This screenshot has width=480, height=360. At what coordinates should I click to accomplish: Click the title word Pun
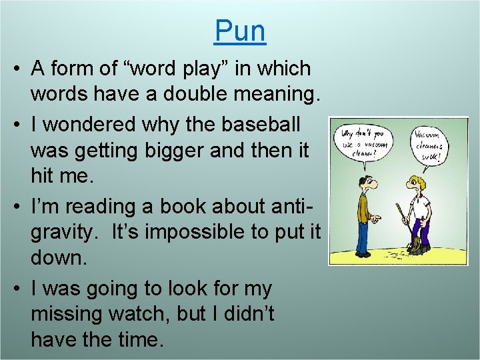point(240,31)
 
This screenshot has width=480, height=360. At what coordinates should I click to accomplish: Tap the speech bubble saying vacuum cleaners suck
point(430,145)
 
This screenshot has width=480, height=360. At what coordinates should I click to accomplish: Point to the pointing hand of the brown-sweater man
point(376,217)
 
